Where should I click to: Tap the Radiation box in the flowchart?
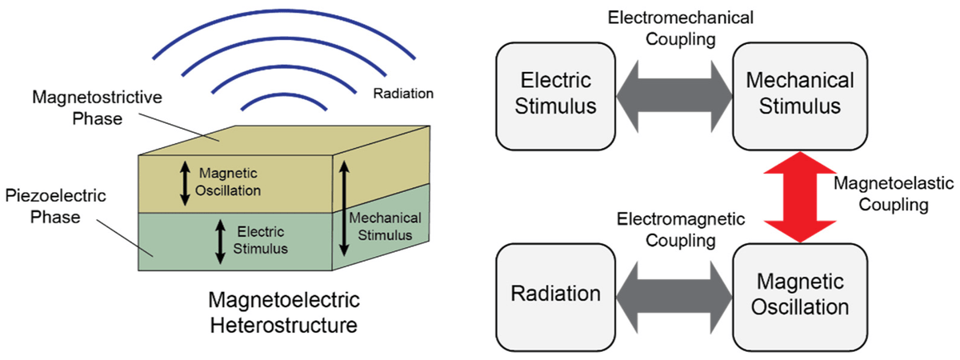coord(556,293)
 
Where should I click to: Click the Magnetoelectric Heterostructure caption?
coord(284,314)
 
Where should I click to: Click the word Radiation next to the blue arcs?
coord(402,94)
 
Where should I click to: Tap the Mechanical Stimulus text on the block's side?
coord(385,226)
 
